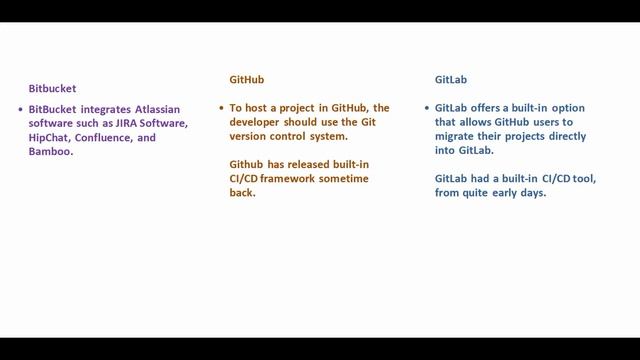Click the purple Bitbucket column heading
tap(52, 88)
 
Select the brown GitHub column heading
tap(246, 79)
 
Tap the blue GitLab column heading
tap(451, 79)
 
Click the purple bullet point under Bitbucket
tap(20, 108)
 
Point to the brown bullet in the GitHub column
tap(221, 107)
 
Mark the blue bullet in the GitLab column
tap(427, 107)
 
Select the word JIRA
tap(109, 123)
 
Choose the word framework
tap(293, 178)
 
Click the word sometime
tap(347, 178)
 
